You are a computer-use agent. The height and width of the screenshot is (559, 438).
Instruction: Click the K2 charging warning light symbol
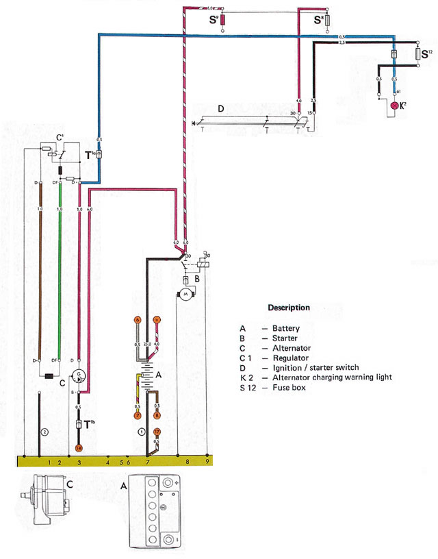(394, 106)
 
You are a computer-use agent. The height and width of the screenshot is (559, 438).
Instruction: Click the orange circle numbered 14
(79, 447)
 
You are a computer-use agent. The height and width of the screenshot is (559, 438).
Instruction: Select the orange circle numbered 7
(137, 415)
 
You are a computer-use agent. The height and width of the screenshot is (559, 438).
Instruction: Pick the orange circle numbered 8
(157, 415)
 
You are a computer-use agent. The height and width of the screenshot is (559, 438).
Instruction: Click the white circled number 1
(141, 432)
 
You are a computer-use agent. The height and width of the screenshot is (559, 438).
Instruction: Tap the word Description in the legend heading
(288, 308)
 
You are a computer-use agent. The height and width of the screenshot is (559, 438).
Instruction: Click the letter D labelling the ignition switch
(220, 109)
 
